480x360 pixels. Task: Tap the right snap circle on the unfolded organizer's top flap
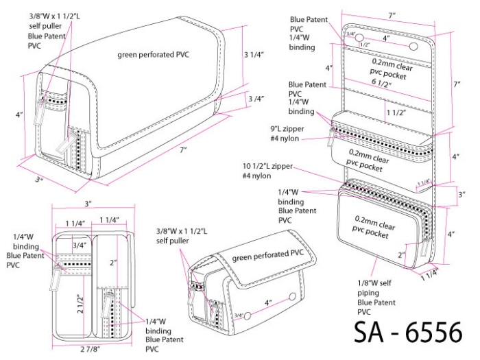coord(413,45)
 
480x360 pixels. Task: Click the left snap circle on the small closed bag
coord(250,317)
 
